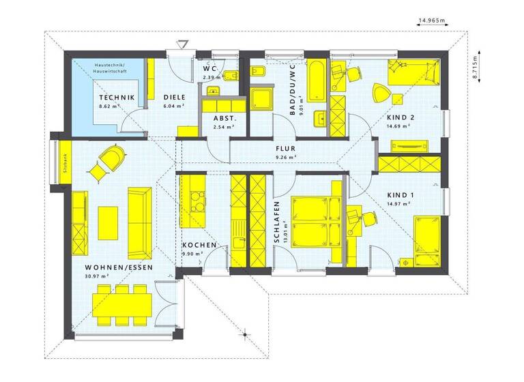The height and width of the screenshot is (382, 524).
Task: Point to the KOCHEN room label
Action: coord(199,245)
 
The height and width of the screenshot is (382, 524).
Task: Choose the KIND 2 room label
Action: coord(401,117)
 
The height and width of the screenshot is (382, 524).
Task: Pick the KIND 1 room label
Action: coord(401,194)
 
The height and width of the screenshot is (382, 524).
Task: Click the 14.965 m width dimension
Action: coord(431,21)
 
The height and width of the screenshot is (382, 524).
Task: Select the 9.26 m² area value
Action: coord(285,157)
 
